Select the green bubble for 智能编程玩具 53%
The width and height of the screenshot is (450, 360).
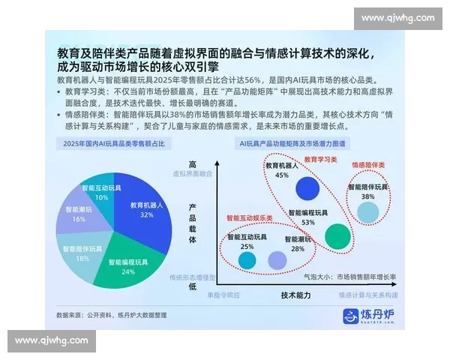[337, 237]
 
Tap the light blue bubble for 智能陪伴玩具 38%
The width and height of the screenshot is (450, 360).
[367, 212]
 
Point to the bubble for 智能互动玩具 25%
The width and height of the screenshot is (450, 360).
[247, 260]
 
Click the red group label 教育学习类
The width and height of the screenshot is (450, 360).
[320, 160]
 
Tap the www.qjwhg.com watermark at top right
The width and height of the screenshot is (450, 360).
[397, 17]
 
